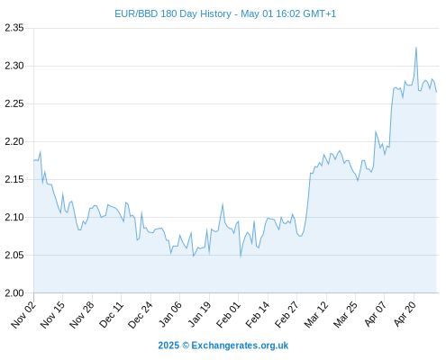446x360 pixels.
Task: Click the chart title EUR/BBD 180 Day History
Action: pyautogui.click(x=173, y=13)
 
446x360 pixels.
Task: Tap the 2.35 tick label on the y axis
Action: pyautogui.click(x=14, y=28)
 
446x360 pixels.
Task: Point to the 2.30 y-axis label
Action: pyautogui.click(x=14, y=66)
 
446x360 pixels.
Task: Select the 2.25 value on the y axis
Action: pyautogui.click(x=14, y=103)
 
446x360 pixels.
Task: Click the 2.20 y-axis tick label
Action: pyautogui.click(x=14, y=141)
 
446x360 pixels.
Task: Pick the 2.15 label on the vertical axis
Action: pyautogui.click(x=14, y=179)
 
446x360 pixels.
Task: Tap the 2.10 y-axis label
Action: pyautogui.click(x=14, y=217)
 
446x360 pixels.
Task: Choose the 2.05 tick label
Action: pyautogui.click(x=14, y=255)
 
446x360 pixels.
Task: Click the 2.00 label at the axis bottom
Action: pyautogui.click(x=14, y=292)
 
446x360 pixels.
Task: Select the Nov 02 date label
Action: pyautogui.click(x=23, y=315)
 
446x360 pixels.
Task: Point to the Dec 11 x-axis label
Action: pyautogui.click(x=111, y=315)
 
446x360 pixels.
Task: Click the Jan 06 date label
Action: pyautogui.click(x=170, y=315)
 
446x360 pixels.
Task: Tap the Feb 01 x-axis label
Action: pyautogui.click(x=229, y=315)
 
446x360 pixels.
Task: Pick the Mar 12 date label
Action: pyautogui.click(x=316, y=315)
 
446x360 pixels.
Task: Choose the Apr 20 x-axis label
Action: pyautogui.click(x=405, y=315)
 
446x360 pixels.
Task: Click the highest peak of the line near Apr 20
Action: pyautogui.click(x=416, y=48)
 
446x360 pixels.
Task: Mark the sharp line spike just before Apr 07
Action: pyautogui.click(x=376, y=131)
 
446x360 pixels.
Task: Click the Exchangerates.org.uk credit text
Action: pyautogui.click(x=240, y=346)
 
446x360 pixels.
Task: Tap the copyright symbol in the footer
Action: pyautogui.click(x=186, y=346)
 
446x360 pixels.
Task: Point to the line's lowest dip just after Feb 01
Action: pyautogui.click(x=241, y=256)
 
